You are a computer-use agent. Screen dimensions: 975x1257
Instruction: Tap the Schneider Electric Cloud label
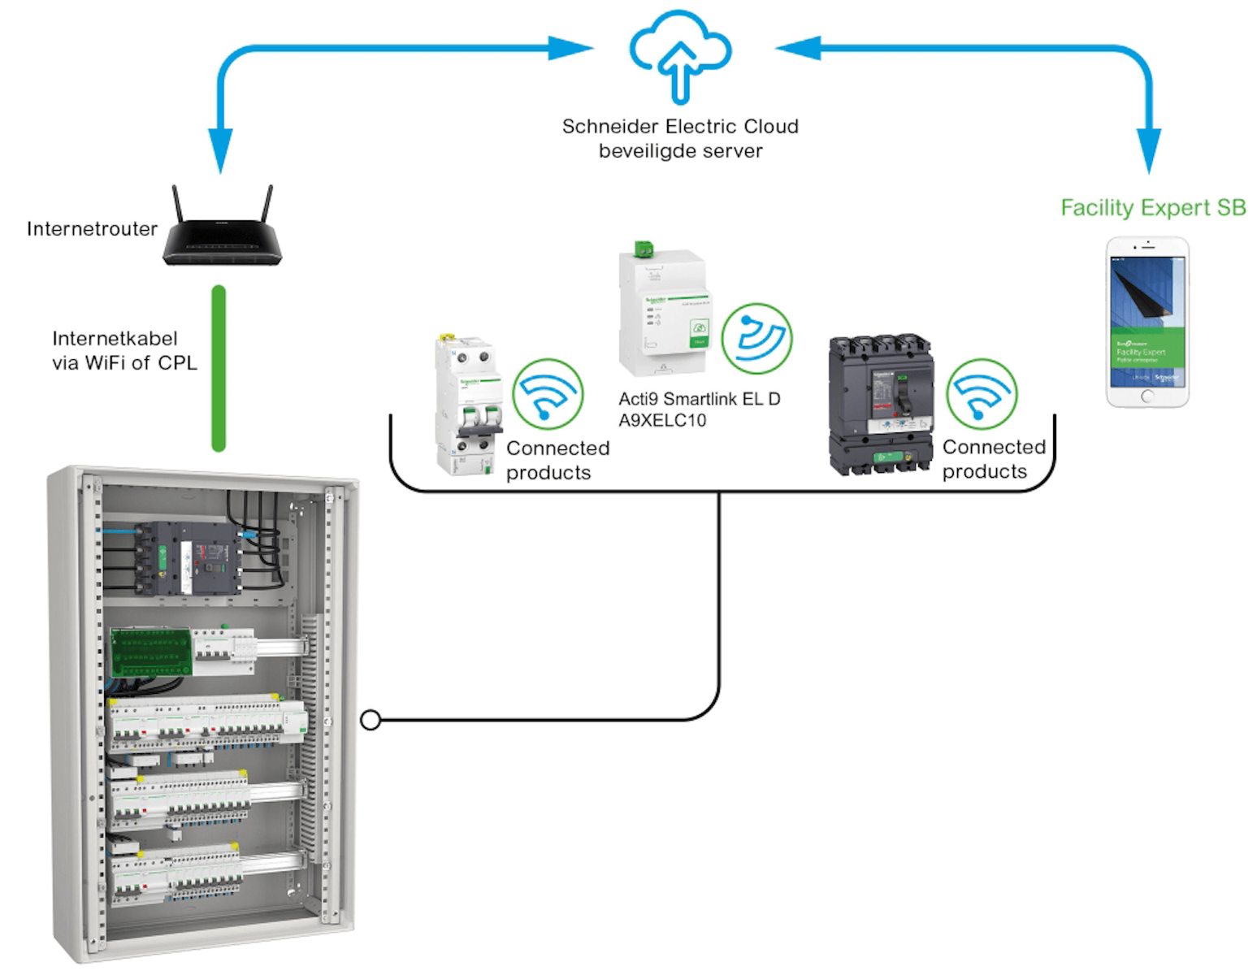tap(680, 127)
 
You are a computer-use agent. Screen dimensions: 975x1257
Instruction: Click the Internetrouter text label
tap(92, 229)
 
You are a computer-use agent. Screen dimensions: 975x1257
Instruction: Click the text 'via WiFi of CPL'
tap(124, 363)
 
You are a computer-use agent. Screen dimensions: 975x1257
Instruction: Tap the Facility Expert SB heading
tap(1152, 208)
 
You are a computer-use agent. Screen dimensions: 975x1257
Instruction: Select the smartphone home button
tap(1146, 396)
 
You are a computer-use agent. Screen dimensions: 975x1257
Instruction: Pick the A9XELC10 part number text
tap(662, 421)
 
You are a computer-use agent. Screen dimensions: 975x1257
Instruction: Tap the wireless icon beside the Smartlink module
tap(756, 338)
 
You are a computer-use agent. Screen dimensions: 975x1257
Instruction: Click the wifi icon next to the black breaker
tap(982, 394)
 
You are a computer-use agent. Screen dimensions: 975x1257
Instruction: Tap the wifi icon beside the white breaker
tap(548, 394)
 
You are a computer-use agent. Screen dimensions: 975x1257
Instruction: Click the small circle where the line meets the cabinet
tap(371, 720)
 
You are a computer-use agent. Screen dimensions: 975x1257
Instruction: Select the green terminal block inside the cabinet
tap(150, 652)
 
